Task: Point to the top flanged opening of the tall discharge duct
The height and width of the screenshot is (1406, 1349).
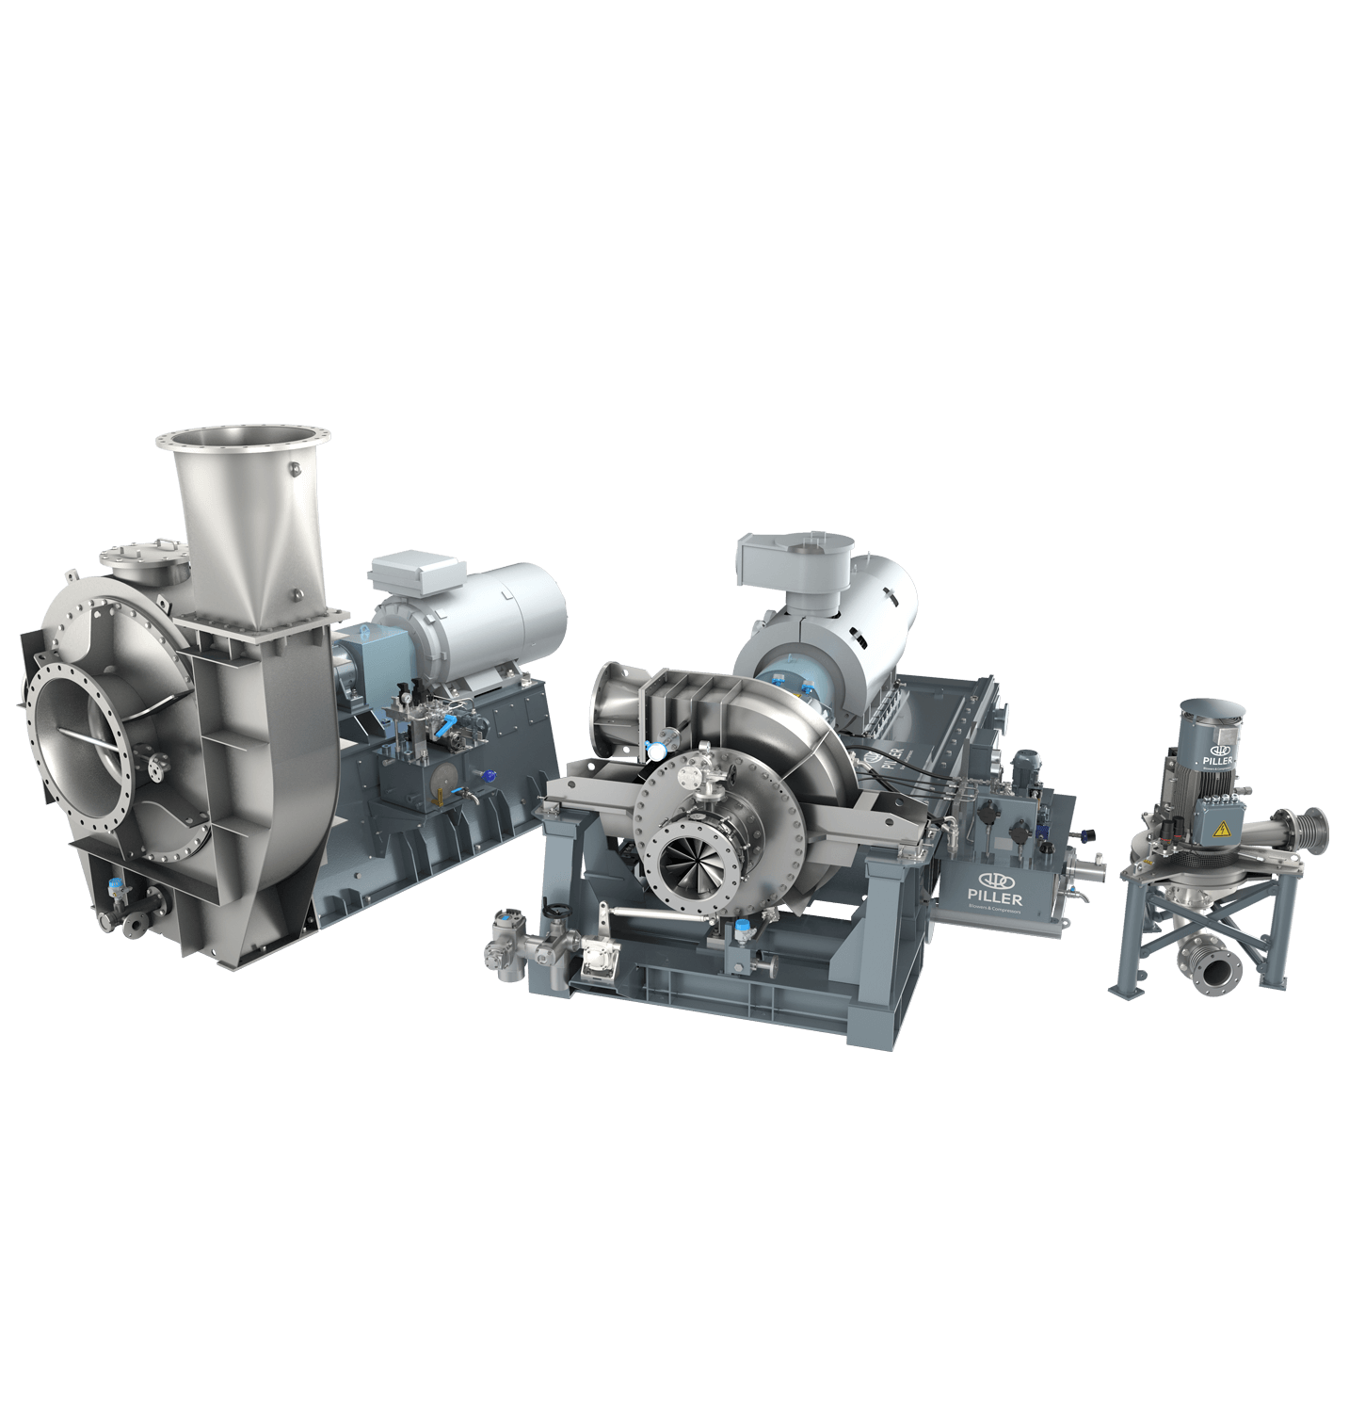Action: pos(243,438)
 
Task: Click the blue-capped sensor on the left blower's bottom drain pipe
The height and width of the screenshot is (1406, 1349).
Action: pos(117,886)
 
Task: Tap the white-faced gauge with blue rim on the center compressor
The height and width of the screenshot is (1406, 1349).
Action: pos(653,751)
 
